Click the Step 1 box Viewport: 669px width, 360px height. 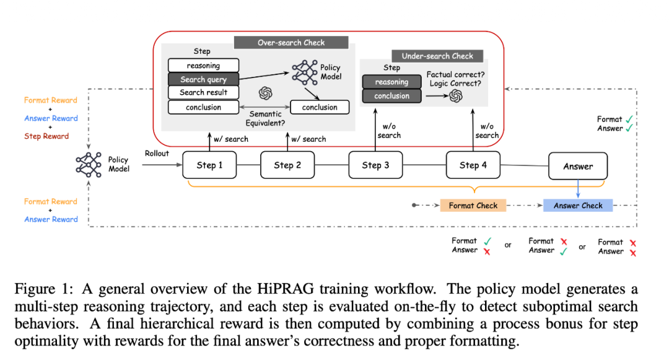(209, 165)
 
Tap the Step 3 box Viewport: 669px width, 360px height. (375, 165)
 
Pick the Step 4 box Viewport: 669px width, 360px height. (473, 165)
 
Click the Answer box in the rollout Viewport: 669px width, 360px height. (578, 166)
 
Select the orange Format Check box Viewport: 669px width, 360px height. (473, 206)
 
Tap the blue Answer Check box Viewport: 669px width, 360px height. (578, 206)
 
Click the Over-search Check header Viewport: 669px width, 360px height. (291, 43)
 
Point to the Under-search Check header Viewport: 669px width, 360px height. (437, 56)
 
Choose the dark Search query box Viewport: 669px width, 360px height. (203, 79)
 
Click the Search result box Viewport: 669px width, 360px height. (203, 92)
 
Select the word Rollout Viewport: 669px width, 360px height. (157, 154)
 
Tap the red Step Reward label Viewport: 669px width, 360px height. (46, 136)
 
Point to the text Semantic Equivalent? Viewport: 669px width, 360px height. (266, 118)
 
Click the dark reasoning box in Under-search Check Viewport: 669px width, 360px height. (391, 82)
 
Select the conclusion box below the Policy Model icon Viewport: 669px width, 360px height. (320, 107)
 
